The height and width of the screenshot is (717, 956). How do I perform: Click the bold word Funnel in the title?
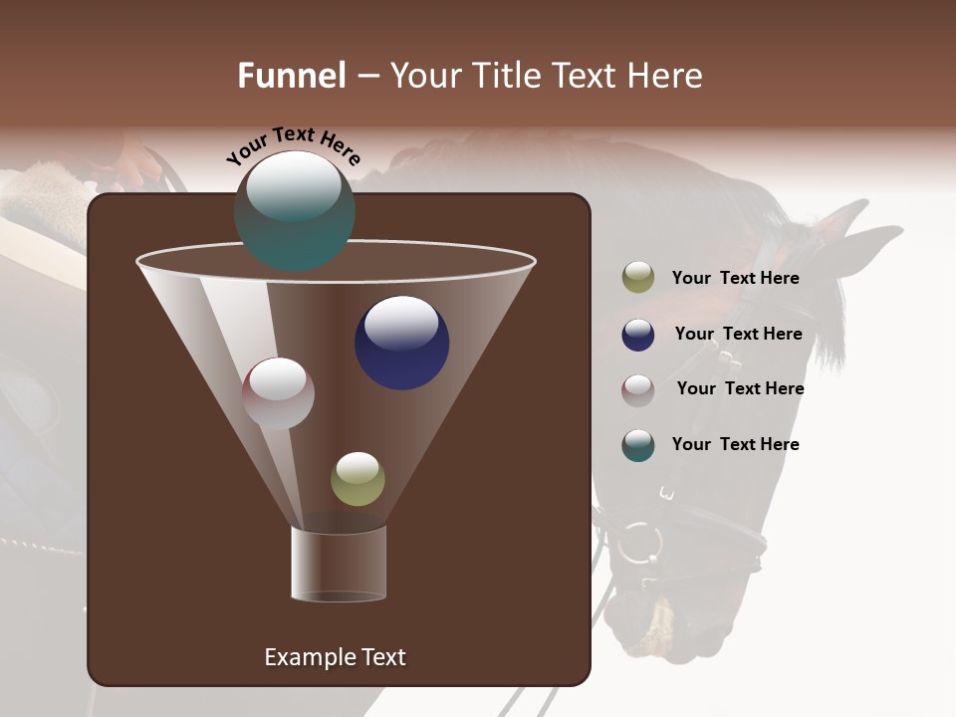[292, 76]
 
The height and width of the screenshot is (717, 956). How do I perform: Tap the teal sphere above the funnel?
[294, 211]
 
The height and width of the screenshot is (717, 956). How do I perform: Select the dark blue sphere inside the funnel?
[401, 343]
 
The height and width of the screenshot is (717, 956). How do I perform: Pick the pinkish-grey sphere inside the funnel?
[278, 393]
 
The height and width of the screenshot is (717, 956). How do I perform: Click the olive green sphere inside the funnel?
[358, 479]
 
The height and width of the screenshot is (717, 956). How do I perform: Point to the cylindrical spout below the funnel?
[338, 564]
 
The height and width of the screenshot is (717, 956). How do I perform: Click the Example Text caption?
[335, 657]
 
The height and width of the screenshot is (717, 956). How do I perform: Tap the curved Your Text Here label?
[293, 145]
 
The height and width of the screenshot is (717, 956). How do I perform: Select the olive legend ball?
[638, 278]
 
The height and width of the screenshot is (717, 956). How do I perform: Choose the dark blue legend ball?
[638, 335]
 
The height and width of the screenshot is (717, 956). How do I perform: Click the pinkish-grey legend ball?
[638, 390]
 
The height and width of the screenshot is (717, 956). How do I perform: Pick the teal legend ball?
[638, 445]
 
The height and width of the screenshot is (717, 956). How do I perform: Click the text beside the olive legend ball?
[735, 278]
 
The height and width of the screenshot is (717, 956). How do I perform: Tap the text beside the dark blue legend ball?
[738, 334]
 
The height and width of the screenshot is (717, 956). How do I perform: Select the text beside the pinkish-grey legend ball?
[740, 388]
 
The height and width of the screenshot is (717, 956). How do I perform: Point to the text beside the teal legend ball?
[735, 444]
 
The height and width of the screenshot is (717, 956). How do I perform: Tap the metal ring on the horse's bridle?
[639, 542]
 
